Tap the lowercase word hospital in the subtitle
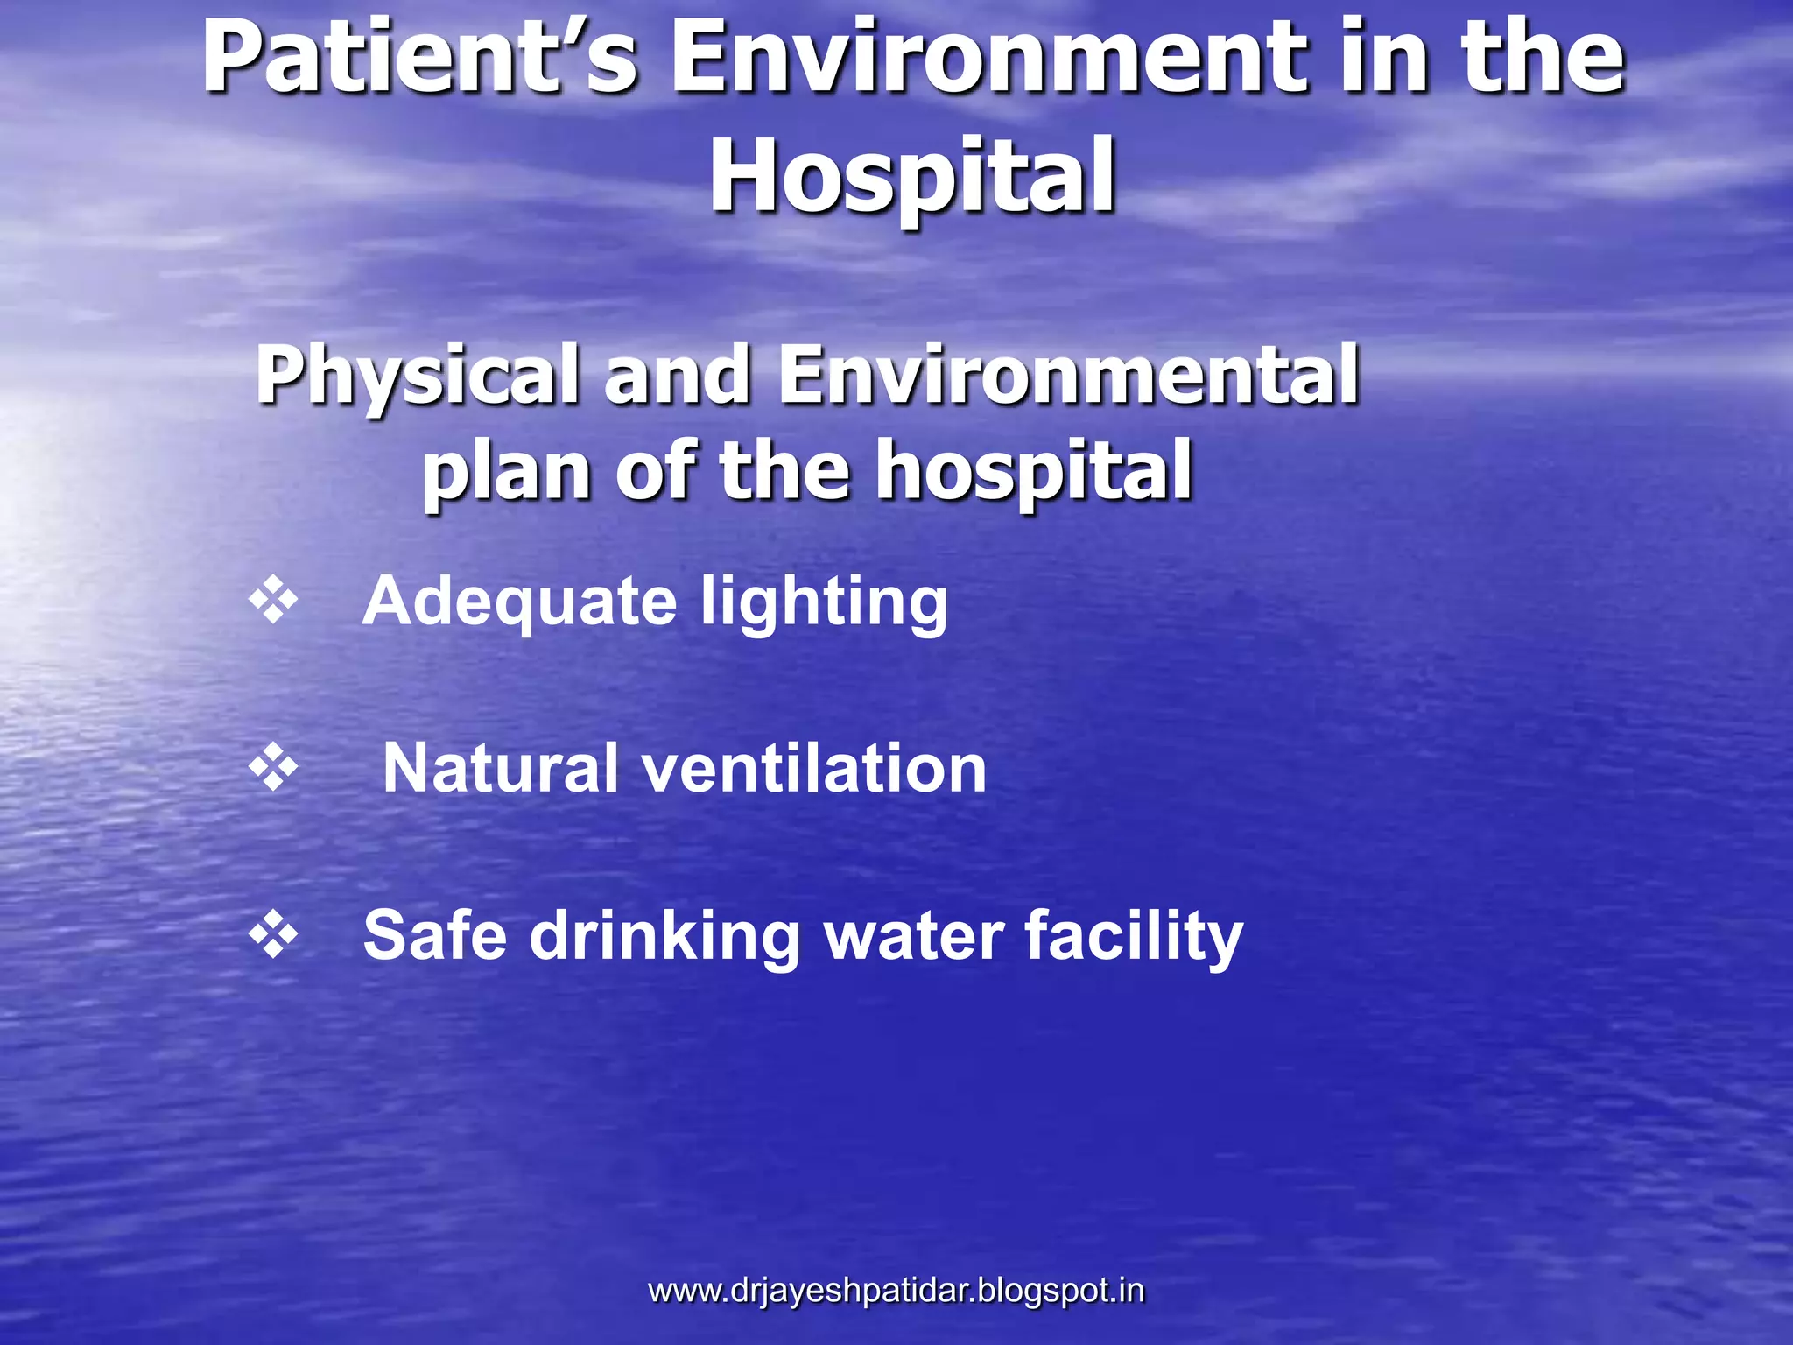coord(1035,473)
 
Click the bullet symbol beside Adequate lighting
coord(273,601)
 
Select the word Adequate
coord(520,602)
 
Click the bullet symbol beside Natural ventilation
coord(273,768)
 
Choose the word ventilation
coord(814,768)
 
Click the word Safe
coord(435,935)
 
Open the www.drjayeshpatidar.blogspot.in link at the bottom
coord(896,1291)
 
